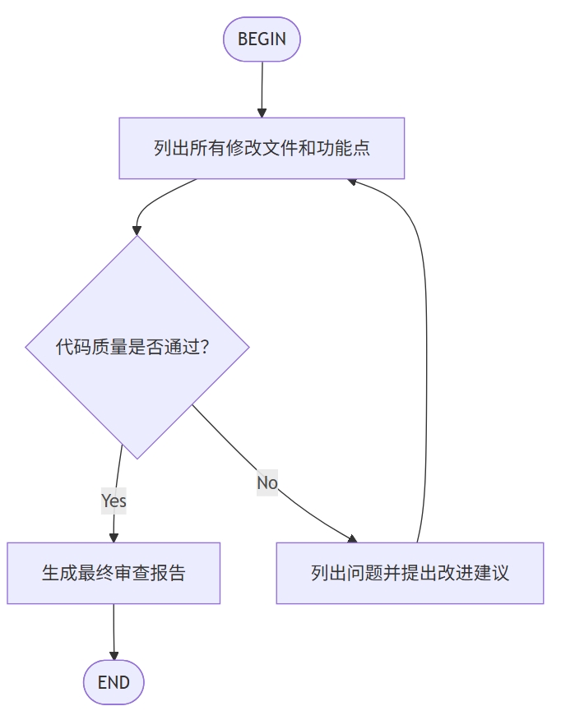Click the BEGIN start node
pyautogui.click(x=262, y=39)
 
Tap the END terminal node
pyautogui.click(x=114, y=682)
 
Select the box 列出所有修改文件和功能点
pyautogui.click(x=262, y=148)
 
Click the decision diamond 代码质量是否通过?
pyautogui.click(x=137, y=347)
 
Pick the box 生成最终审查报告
pyautogui.click(x=114, y=573)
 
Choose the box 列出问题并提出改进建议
pyautogui.click(x=410, y=573)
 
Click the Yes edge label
pyautogui.click(x=114, y=501)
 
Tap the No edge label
pyautogui.click(x=267, y=482)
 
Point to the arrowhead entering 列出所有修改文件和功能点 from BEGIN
pyautogui.click(x=262, y=113)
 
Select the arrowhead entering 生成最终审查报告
pyautogui.click(x=114, y=538)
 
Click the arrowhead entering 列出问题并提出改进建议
pyautogui.click(x=352, y=538)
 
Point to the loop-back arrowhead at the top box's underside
pyautogui.click(x=352, y=181)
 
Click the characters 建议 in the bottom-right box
pyautogui.click(x=492, y=573)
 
